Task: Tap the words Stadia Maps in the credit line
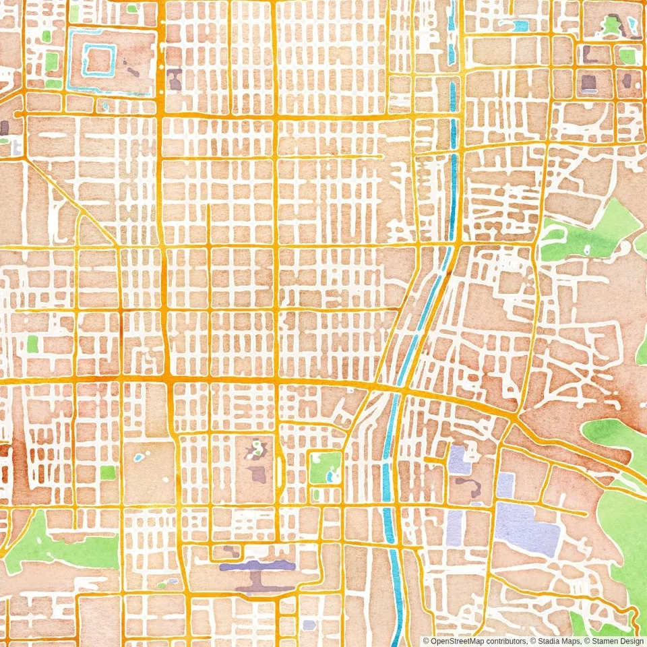554,641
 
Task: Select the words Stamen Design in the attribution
615,641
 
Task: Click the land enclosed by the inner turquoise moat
98,59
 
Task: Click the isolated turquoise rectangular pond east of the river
520,26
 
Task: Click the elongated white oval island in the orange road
278,471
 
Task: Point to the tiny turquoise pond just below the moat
104,106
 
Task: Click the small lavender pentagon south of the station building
309,625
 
